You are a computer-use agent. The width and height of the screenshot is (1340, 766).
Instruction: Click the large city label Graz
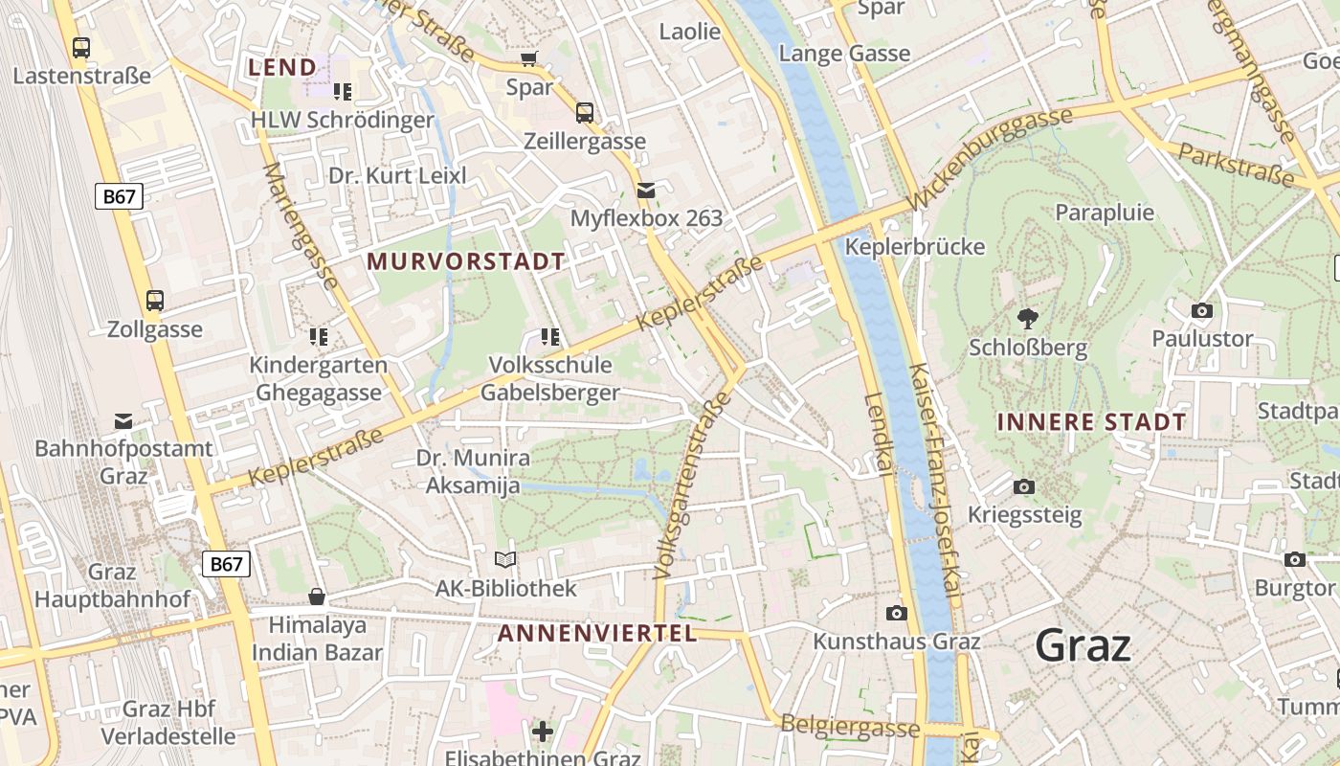1083,646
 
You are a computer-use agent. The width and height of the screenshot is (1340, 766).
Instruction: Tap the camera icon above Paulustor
1202,310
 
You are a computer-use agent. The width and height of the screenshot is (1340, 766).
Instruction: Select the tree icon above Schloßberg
1028,318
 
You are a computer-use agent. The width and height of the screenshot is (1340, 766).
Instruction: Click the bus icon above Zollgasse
155,301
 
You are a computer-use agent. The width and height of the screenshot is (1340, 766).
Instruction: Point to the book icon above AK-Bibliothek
505,559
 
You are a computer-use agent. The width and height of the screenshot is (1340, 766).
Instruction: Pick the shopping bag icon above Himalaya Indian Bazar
317,597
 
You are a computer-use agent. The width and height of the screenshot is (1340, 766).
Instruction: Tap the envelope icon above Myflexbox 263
646,190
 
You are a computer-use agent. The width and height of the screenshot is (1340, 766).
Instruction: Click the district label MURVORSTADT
466,261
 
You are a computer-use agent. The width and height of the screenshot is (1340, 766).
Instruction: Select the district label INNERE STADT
1091,422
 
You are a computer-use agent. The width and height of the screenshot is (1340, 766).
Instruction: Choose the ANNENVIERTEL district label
597,633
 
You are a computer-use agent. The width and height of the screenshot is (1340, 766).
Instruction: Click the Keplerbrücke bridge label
915,247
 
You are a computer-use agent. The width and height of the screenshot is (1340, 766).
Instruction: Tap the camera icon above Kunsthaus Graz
897,613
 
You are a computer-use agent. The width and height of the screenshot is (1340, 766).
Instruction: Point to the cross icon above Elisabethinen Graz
543,732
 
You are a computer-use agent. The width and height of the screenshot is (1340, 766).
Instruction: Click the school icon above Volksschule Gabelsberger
550,336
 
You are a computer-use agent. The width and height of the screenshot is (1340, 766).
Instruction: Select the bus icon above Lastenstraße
81,47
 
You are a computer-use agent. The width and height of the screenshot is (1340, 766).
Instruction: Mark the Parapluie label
1105,213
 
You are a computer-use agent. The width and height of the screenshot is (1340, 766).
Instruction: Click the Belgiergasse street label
850,727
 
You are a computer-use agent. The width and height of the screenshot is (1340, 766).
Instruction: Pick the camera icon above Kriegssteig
1024,487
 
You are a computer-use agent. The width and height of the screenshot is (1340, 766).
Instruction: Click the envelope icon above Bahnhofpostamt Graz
123,420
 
